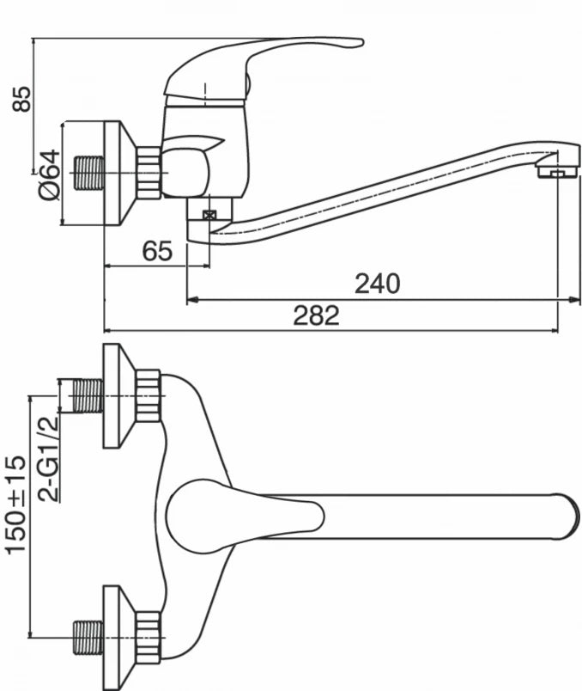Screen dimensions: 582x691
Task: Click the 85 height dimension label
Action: (x=21, y=99)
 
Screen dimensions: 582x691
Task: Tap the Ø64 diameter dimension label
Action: (x=49, y=174)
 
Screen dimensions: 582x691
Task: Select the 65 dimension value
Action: (x=157, y=251)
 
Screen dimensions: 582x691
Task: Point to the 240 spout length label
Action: (x=378, y=284)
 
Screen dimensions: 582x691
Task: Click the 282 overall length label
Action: (x=316, y=315)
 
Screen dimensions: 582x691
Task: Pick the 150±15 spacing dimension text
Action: (x=15, y=504)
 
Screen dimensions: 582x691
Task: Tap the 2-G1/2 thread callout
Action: (x=47, y=458)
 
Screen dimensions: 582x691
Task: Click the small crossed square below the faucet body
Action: (x=209, y=215)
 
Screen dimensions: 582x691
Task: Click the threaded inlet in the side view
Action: (x=88, y=173)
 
